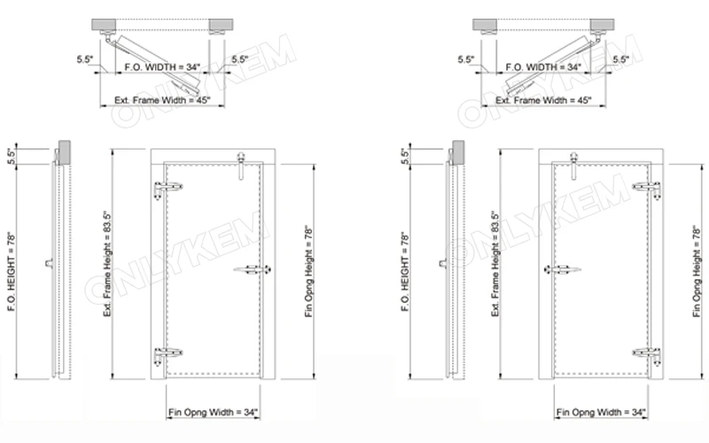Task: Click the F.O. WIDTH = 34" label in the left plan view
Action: [x=163, y=66]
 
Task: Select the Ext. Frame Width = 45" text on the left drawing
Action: [x=164, y=101]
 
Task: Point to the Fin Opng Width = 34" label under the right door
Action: [x=600, y=413]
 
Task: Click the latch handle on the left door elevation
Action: [x=252, y=270]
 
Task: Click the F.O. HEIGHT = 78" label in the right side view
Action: [x=406, y=266]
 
